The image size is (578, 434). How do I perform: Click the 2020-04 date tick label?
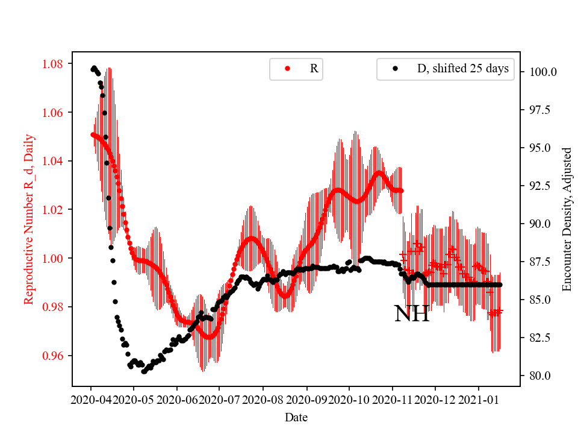(x=91, y=399)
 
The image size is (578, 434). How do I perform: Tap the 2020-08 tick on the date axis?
(x=263, y=399)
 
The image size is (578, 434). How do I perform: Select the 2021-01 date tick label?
(x=479, y=399)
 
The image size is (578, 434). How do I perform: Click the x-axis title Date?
(x=296, y=417)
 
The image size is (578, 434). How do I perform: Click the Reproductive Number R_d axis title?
(x=29, y=219)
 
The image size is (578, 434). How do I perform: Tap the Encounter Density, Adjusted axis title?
(x=567, y=219)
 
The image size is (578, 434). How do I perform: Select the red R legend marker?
(x=287, y=69)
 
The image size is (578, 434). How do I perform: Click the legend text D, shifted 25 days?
(x=463, y=69)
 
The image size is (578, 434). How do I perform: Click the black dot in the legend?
(x=395, y=69)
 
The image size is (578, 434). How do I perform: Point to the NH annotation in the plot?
(x=412, y=314)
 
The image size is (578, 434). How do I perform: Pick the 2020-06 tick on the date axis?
(x=177, y=399)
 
